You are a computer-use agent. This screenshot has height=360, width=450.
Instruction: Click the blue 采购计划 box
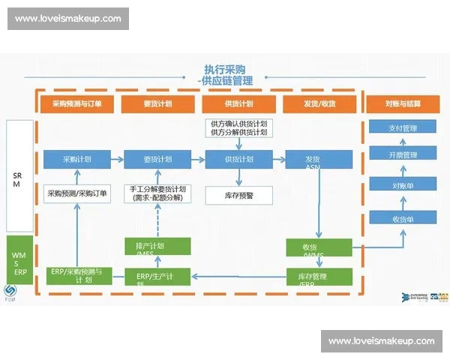[77, 159]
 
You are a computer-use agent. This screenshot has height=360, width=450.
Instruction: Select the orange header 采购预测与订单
[77, 104]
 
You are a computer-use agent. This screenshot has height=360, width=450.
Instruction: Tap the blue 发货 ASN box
[317, 160]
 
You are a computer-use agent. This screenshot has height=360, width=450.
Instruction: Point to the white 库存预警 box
[238, 195]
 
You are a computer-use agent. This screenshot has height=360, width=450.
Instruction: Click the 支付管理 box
[403, 128]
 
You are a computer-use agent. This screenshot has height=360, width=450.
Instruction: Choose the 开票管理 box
[403, 156]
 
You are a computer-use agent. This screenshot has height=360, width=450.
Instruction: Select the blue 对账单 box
[403, 185]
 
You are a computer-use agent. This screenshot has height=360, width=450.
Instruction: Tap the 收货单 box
[403, 218]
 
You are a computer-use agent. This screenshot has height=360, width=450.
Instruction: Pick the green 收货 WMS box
[317, 247]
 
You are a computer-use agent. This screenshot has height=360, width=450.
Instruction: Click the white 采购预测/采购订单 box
[77, 193]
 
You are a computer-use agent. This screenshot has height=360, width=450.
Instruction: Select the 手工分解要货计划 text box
[157, 193]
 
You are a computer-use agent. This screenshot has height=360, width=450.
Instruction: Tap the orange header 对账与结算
[403, 104]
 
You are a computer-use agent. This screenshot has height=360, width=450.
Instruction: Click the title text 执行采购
[224, 69]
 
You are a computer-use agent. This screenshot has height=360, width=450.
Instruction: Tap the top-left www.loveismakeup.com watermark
[69, 18]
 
